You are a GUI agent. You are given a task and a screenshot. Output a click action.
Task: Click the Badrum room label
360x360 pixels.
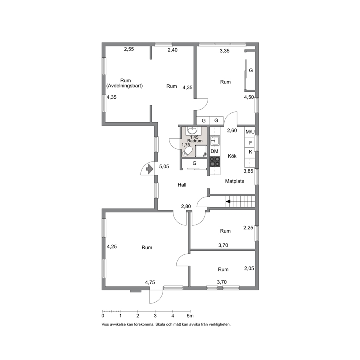point(195,141)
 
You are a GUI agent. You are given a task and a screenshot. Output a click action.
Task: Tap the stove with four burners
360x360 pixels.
point(215,161)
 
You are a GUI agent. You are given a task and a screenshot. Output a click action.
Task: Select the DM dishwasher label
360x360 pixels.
point(214,151)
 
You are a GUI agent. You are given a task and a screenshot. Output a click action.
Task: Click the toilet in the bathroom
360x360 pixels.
point(187,152)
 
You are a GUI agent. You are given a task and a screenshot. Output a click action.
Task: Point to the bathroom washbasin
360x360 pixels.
point(192,130)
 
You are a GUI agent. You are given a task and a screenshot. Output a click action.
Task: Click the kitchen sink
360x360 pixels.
point(215,140)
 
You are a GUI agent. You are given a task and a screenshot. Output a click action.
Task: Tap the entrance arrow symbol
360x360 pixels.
point(149,169)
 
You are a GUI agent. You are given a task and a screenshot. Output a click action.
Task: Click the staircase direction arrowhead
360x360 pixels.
point(228,201)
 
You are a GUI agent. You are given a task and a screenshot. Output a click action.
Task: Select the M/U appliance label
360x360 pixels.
point(250,132)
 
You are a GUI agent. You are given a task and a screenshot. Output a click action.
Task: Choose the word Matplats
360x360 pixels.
point(234,181)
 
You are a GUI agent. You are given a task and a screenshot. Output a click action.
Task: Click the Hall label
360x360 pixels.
point(182,185)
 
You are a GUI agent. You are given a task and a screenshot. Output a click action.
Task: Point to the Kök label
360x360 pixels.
point(232,156)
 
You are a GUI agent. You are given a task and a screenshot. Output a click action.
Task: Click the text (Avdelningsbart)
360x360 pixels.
point(124,86)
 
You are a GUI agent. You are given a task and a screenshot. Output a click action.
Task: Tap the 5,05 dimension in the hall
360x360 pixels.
point(164,167)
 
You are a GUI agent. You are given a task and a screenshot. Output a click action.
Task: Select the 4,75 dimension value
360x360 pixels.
point(150,282)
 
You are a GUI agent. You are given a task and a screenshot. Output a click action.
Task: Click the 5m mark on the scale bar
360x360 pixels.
point(190,316)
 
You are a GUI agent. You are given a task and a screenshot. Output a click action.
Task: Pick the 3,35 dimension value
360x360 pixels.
point(225,51)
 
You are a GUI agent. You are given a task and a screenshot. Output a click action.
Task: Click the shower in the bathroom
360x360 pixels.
point(201,151)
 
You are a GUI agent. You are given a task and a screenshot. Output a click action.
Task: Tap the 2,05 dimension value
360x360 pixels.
point(249,269)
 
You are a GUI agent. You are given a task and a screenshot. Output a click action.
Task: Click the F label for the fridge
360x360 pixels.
point(250,143)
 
